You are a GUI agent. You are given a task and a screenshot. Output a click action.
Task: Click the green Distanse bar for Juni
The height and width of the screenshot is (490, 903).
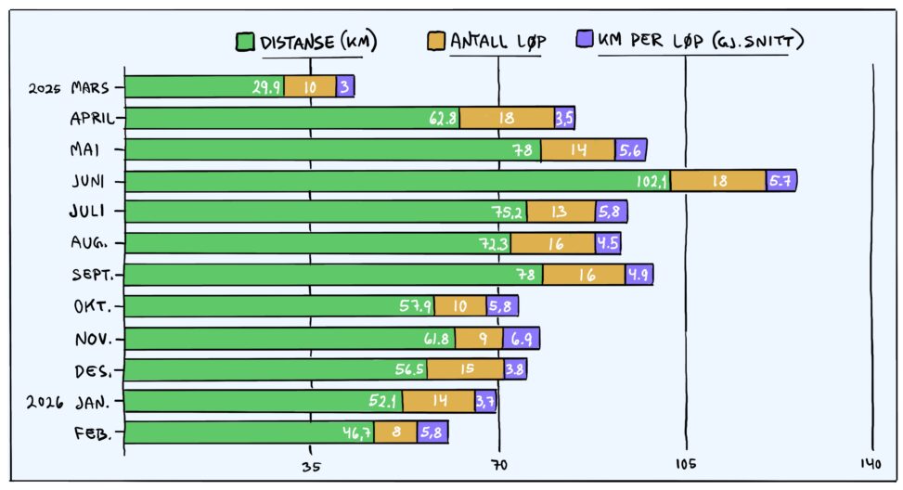click(397, 181)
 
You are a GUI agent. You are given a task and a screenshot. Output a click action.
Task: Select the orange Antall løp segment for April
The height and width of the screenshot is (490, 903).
click(507, 118)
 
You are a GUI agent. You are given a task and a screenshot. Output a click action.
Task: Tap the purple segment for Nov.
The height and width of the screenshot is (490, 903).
click(521, 339)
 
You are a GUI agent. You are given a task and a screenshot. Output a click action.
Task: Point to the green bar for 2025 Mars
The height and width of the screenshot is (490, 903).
click(204, 87)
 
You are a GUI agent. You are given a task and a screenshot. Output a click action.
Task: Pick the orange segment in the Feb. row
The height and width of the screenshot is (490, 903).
click(395, 432)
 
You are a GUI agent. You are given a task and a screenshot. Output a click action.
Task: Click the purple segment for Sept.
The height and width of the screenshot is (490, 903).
click(639, 275)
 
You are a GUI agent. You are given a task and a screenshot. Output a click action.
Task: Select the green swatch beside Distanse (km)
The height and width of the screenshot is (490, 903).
click(246, 42)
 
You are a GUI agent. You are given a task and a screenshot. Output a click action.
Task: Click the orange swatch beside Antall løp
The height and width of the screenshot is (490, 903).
click(436, 41)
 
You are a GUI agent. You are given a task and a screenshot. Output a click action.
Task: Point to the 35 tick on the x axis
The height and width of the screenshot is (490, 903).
click(311, 466)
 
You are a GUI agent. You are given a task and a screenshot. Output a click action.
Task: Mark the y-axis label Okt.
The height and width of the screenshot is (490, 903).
click(94, 307)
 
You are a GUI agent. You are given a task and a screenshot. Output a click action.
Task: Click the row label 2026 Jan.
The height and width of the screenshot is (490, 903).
click(70, 402)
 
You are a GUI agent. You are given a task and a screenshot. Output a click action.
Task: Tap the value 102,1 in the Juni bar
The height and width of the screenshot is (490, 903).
click(651, 182)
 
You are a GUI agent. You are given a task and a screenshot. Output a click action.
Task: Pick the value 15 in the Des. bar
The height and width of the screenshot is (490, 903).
click(466, 370)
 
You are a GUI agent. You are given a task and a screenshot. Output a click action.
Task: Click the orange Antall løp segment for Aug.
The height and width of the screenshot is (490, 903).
click(552, 244)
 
